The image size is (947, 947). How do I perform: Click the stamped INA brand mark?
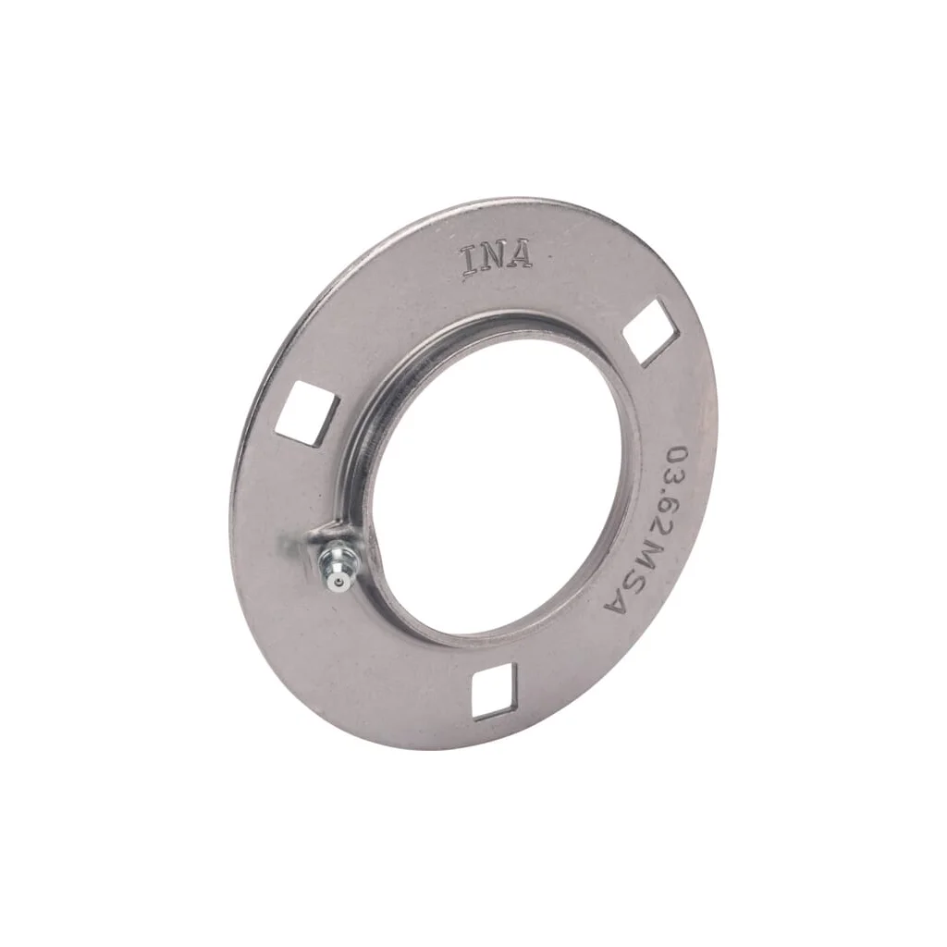(497, 259)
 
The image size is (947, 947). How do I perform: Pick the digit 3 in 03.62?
(676, 483)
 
